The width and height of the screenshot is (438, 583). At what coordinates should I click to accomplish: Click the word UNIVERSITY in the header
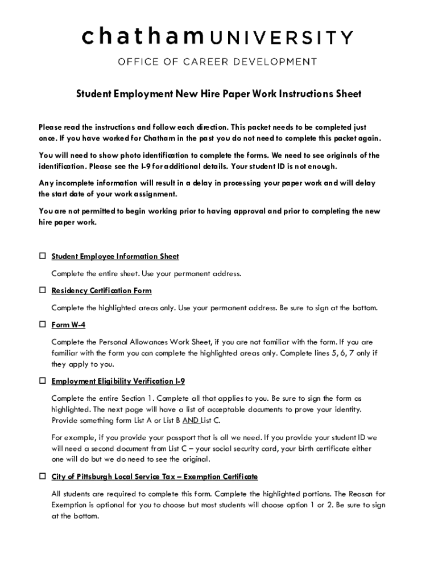coord(282,38)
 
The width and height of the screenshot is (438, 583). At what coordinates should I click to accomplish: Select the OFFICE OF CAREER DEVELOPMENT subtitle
coord(218,61)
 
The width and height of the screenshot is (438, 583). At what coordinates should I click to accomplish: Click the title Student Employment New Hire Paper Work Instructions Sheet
coord(219,94)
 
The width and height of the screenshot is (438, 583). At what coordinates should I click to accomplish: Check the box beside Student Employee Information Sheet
coord(42,256)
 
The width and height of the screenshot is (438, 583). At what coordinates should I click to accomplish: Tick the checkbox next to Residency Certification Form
coord(42,290)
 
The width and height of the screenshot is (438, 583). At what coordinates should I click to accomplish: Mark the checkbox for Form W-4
coord(42,325)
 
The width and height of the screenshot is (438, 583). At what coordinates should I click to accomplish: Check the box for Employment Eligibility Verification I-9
coord(42,380)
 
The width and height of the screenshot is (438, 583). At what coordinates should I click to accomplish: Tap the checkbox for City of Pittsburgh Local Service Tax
coord(42,476)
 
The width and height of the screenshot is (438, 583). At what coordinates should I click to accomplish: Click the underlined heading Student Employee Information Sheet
coord(115,257)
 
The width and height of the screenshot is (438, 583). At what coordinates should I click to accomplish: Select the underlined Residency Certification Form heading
coord(101,291)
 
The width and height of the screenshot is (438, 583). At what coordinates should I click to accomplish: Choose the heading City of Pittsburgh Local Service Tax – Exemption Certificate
coord(154,477)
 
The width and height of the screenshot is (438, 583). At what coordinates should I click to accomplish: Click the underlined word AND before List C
coord(191,421)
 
